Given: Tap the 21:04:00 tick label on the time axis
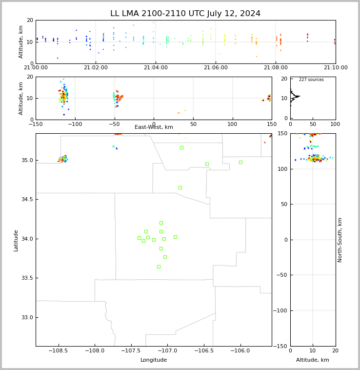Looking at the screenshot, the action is coord(156,68).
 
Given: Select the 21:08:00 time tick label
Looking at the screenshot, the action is coord(276,68).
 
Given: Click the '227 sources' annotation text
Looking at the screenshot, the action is coord(311,80).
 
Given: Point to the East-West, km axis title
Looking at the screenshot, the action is coord(154,127).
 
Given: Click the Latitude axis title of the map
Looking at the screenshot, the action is coord(16,241).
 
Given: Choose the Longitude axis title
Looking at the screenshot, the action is coord(154,360).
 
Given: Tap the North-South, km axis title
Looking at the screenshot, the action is coord(340,240).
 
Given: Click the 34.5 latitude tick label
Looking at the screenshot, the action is coord(27,199).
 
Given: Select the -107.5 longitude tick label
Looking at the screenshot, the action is coord(131,350).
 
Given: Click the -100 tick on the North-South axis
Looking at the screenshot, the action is coord(280,310).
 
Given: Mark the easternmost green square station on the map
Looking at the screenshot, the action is coord(240,163).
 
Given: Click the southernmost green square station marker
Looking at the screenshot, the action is coord(159,267).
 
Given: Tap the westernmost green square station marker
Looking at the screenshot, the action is coord(139,238).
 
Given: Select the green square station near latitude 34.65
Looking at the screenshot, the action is coord(180,187).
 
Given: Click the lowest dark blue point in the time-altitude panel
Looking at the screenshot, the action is coord(58,58).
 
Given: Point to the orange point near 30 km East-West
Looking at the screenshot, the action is coord(179,113).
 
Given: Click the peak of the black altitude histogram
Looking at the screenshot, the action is coord(300,96).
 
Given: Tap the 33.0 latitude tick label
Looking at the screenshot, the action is coord(27,318).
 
